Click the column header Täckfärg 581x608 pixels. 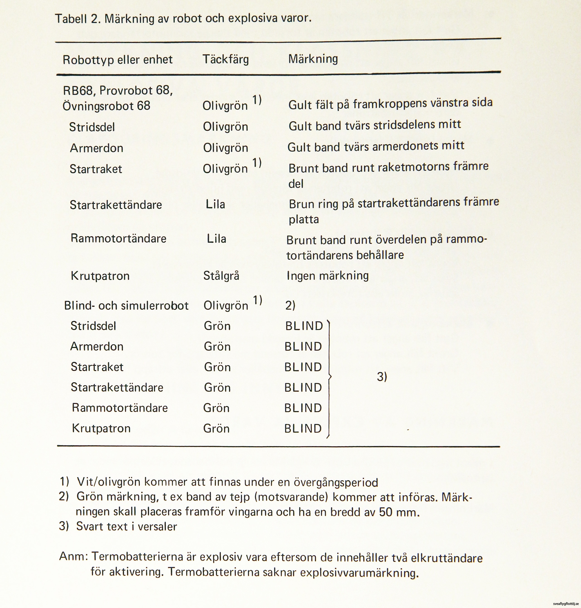point(225,59)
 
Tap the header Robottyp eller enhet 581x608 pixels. point(117,59)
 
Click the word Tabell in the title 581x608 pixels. point(71,19)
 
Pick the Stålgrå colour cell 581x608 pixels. point(221,276)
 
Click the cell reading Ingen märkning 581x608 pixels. point(328,275)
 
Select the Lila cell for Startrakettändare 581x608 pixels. point(215,204)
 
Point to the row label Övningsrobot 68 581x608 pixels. point(106,106)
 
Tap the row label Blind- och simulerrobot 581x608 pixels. point(126,306)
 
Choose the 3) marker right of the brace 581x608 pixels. point(382,377)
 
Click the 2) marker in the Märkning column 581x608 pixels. point(290,306)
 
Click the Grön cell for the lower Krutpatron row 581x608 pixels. point(216,428)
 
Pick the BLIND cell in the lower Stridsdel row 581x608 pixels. point(304,326)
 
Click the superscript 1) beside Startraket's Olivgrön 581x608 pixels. point(257,163)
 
